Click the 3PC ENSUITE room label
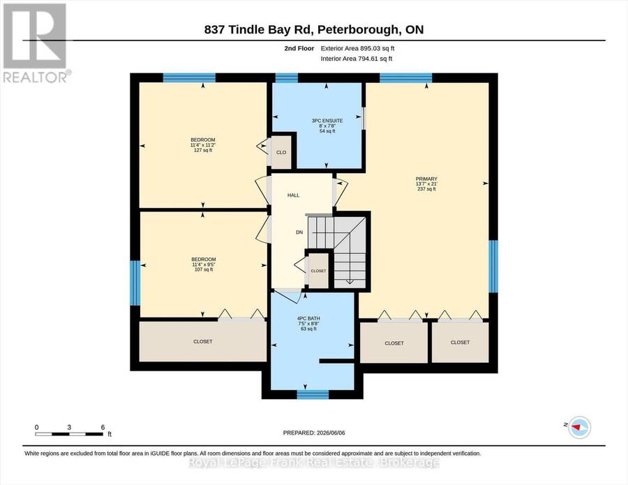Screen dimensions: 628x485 (327, 126)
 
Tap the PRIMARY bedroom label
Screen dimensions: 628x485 (426, 184)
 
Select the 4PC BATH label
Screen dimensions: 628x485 (308, 324)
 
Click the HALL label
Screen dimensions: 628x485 (293, 195)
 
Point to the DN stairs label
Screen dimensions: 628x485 (299, 232)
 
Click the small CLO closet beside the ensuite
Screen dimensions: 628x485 (281, 153)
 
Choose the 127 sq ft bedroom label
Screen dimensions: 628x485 (203, 145)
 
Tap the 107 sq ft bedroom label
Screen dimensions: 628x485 (204, 264)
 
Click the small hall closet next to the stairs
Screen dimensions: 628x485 (318, 271)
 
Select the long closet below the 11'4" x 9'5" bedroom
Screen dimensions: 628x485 (202, 342)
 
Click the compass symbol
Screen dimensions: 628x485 (579, 427)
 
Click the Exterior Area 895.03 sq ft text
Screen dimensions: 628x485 (358, 48)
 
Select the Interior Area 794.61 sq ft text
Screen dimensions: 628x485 (357, 59)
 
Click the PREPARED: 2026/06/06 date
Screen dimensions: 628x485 (314, 433)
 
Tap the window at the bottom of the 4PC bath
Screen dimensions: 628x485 (313, 394)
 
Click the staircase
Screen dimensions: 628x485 (338, 251)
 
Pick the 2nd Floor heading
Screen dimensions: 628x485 (299, 48)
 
